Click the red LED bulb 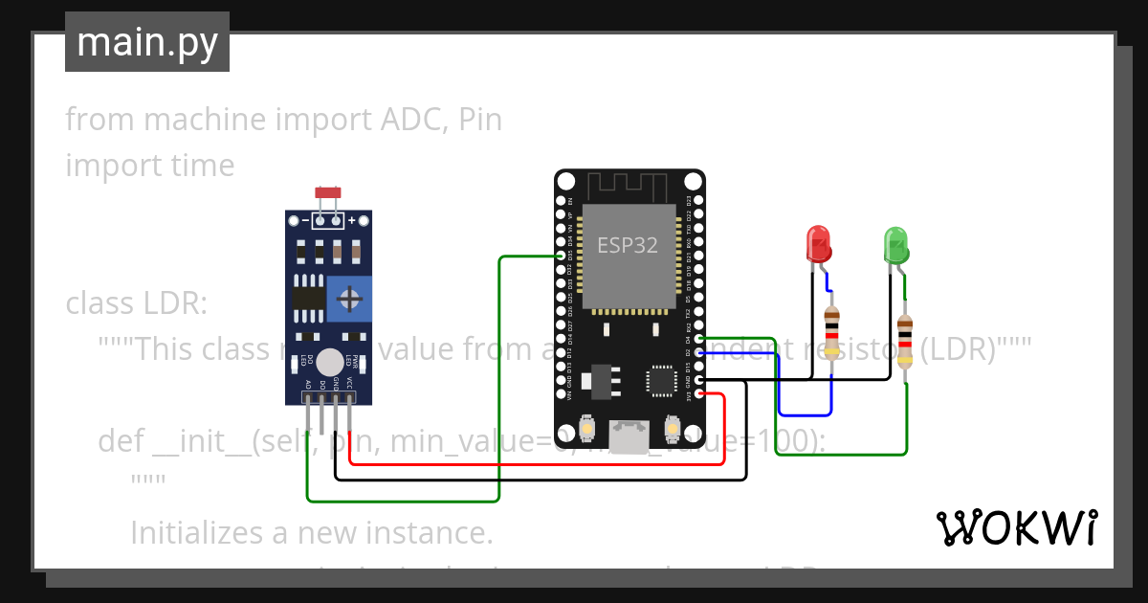[x=819, y=244]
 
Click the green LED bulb [x=895, y=244]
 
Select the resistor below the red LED [x=831, y=330]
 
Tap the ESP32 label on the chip [x=628, y=244]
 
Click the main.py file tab [x=147, y=43]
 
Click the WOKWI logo [x=1016, y=527]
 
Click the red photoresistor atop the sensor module [x=328, y=194]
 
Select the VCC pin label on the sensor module [x=350, y=384]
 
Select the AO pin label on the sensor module [x=308, y=384]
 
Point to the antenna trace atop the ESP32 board [x=627, y=185]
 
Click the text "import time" [x=150, y=166]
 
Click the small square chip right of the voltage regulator [x=662, y=380]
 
